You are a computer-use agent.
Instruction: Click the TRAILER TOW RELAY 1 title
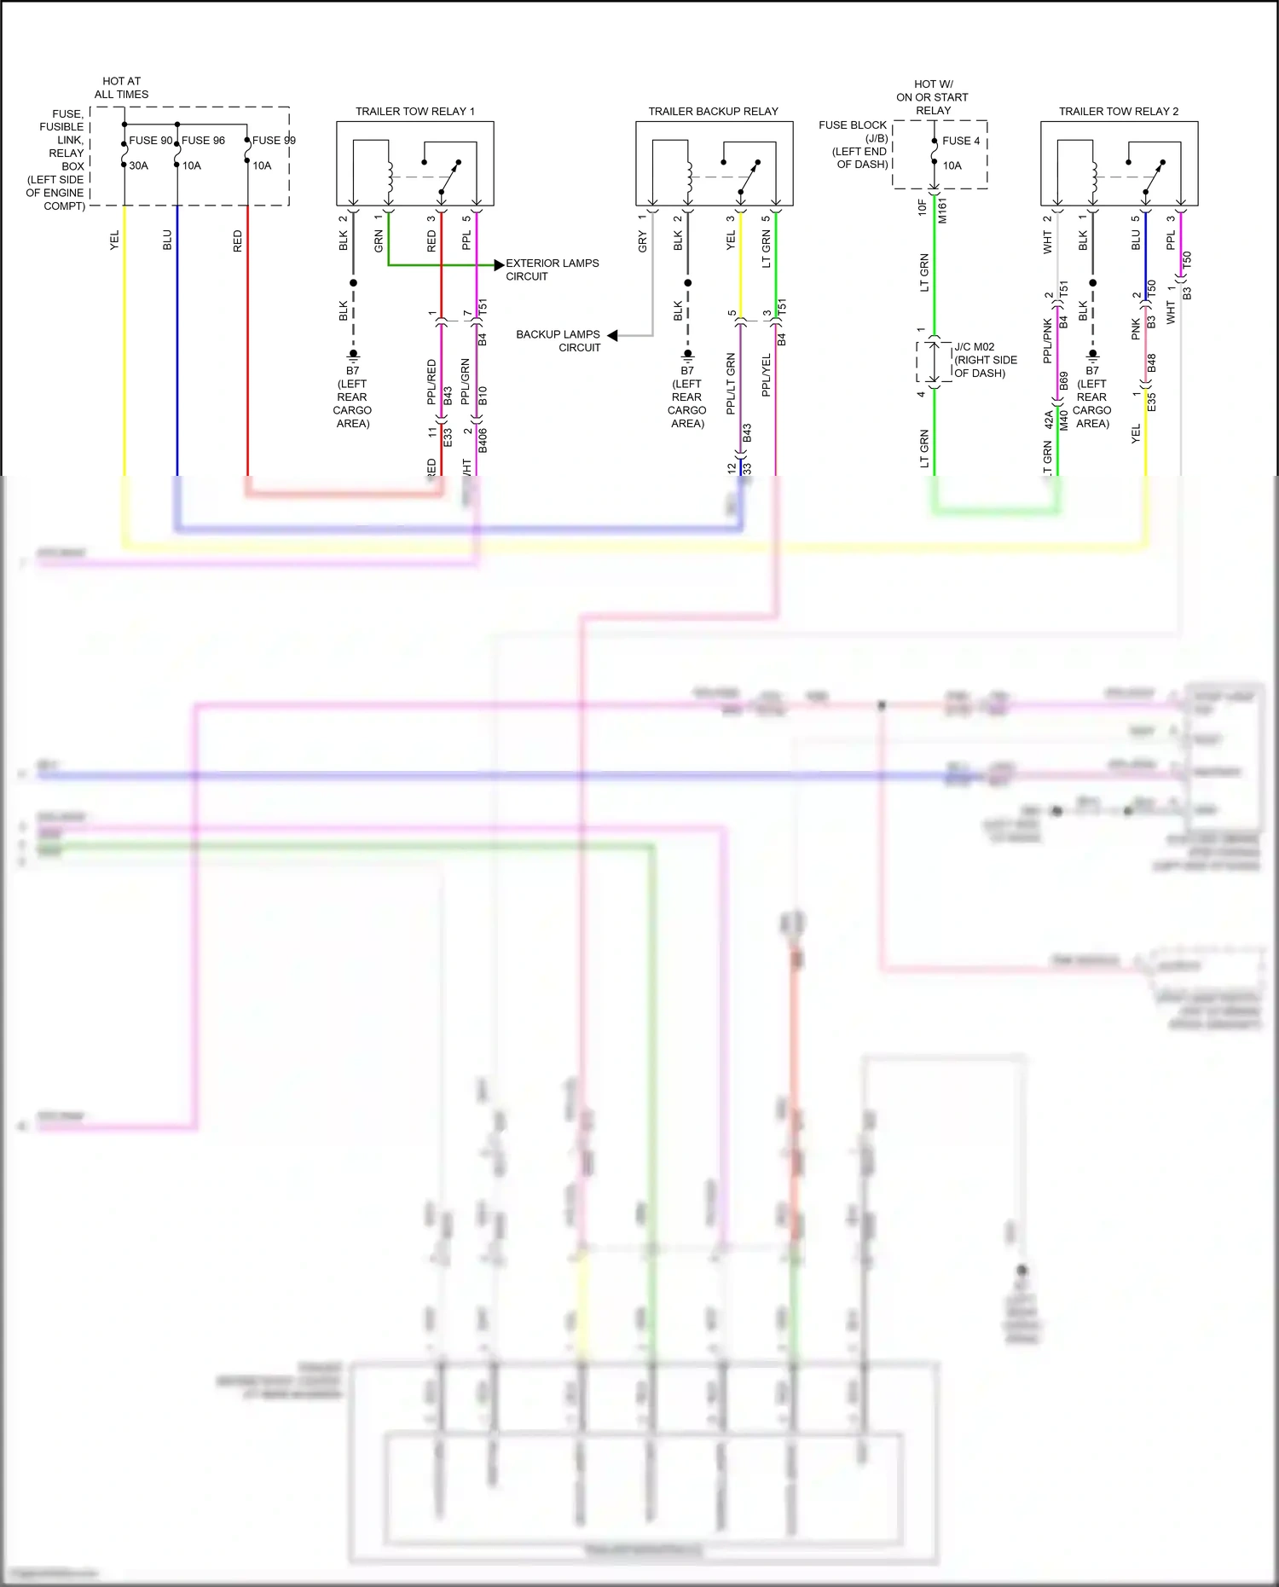coord(414,111)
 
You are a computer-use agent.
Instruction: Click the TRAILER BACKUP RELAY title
coord(713,111)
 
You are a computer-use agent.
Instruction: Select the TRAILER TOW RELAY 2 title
coord(1118,111)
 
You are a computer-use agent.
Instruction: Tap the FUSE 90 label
coord(151,141)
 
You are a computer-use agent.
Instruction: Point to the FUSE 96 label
coord(204,141)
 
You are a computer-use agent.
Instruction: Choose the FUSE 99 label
coord(274,141)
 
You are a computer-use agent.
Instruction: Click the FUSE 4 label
coord(961,141)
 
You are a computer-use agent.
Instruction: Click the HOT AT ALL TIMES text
coord(121,88)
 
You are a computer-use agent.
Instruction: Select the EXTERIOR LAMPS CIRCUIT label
coord(552,269)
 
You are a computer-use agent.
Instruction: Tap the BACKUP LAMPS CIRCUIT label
coord(558,340)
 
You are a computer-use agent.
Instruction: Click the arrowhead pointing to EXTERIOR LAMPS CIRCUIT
coord(499,265)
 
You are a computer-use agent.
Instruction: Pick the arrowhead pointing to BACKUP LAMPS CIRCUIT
coord(612,336)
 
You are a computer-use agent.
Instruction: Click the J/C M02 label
coord(974,347)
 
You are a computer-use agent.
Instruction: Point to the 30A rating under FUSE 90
coord(138,165)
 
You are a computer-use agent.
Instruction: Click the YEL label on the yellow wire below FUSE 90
coord(114,240)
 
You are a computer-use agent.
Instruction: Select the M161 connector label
coord(942,211)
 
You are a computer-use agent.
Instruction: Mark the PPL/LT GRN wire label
coord(731,384)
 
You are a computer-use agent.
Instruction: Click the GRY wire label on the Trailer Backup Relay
coord(642,241)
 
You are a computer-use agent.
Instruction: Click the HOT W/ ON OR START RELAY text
coord(932,97)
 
